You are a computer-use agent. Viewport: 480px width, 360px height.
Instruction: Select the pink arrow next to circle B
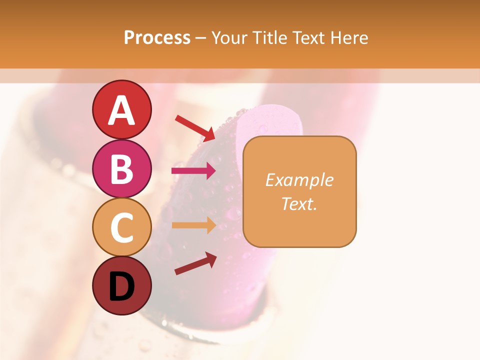coord(193,171)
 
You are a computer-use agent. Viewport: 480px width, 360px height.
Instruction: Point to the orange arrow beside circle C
coord(193,225)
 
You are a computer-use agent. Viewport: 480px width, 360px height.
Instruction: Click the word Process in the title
coord(157,38)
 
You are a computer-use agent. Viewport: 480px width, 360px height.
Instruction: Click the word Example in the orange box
coord(299,180)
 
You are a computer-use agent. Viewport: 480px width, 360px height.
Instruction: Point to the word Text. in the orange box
coord(299,203)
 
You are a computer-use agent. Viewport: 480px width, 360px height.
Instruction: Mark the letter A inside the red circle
coord(121,110)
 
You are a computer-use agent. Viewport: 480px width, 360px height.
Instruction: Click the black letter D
coord(121,286)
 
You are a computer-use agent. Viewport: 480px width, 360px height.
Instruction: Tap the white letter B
coord(121,169)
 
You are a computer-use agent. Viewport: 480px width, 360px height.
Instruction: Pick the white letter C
coord(121,227)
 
